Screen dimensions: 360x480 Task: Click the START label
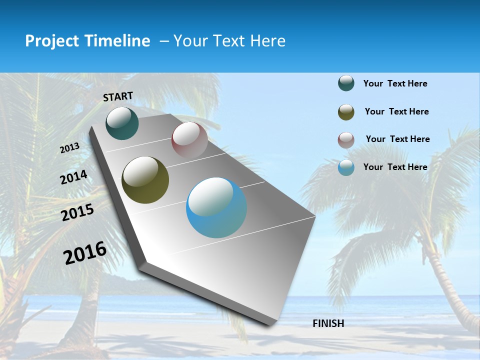(x=118, y=96)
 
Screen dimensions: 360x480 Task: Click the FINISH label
(x=328, y=323)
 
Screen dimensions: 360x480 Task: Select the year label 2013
(x=70, y=148)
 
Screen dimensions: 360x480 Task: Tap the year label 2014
(x=74, y=177)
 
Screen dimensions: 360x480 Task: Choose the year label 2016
(x=85, y=253)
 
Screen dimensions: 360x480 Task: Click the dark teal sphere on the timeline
(x=122, y=123)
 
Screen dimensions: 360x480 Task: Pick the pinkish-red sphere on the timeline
(x=189, y=140)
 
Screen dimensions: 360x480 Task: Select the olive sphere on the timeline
(x=145, y=180)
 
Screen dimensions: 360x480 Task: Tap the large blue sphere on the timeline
(x=216, y=207)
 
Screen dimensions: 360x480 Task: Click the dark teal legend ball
(x=346, y=83)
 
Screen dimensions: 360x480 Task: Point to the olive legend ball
(x=346, y=112)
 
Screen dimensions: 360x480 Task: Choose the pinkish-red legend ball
(x=346, y=140)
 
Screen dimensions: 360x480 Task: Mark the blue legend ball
(x=346, y=167)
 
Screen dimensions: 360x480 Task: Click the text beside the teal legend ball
(x=395, y=84)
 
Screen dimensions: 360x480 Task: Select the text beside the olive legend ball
(x=396, y=111)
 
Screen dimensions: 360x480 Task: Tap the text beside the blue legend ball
(x=395, y=167)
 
